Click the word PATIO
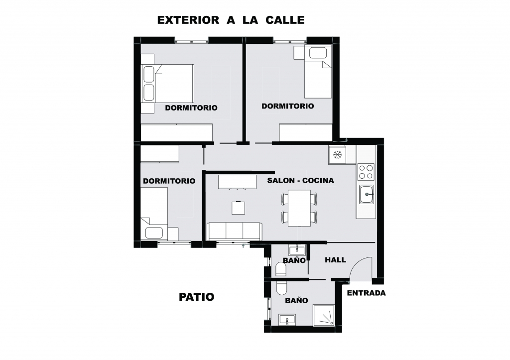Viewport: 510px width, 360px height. (x=196, y=297)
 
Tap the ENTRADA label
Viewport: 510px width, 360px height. (x=366, y=293)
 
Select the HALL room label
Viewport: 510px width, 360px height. (x=335, y=260)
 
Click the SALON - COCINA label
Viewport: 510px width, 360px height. (x=300, y=180)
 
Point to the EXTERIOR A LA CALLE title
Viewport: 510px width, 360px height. (x=231, y=20)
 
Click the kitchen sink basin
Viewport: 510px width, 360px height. (x=367, y=194)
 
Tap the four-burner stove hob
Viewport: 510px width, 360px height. (x=366, y=172)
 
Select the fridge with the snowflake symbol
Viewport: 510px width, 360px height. (x=337, y=155)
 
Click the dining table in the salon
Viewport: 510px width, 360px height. (x=299, y=208)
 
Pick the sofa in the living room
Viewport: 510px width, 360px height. (x=234, y=231)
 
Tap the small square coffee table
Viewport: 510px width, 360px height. (x=239, y=208)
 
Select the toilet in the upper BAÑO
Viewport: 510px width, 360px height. (x=281, y=269)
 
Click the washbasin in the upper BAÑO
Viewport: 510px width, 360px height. (x=297, y=250)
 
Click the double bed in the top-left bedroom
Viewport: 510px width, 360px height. (x=167, y=84)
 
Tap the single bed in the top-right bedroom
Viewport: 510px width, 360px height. (x=318, y=72)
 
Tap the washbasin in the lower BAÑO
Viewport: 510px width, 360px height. (x=287, y=319)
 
